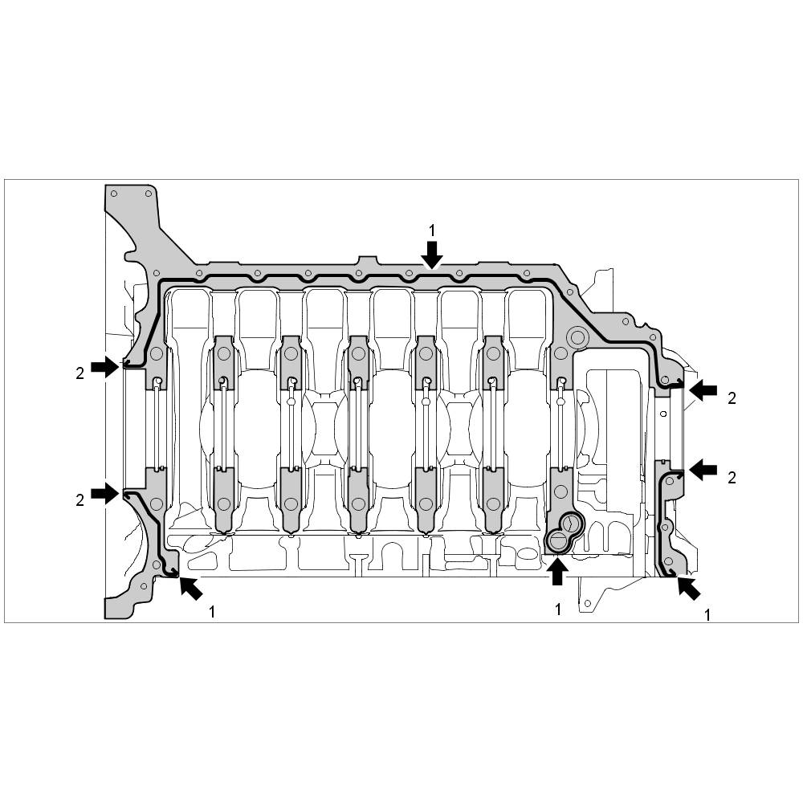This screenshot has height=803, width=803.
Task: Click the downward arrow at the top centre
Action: pos(433,255)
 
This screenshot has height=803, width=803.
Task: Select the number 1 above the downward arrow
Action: pos(432,231)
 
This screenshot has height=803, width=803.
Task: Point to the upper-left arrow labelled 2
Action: pos(105,367)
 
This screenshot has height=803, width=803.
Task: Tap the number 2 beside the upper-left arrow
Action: pos(79,373)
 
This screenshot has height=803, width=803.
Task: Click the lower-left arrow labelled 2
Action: pos(105,493)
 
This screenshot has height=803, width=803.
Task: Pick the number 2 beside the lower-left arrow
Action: pos(79,499)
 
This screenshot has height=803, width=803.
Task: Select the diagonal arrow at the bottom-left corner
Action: pos(190,588)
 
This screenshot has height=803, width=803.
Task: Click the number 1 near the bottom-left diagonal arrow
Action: pos(211,611)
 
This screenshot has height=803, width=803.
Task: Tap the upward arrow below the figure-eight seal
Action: pos(557,571)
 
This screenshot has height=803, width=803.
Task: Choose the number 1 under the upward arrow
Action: pos(558,609)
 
